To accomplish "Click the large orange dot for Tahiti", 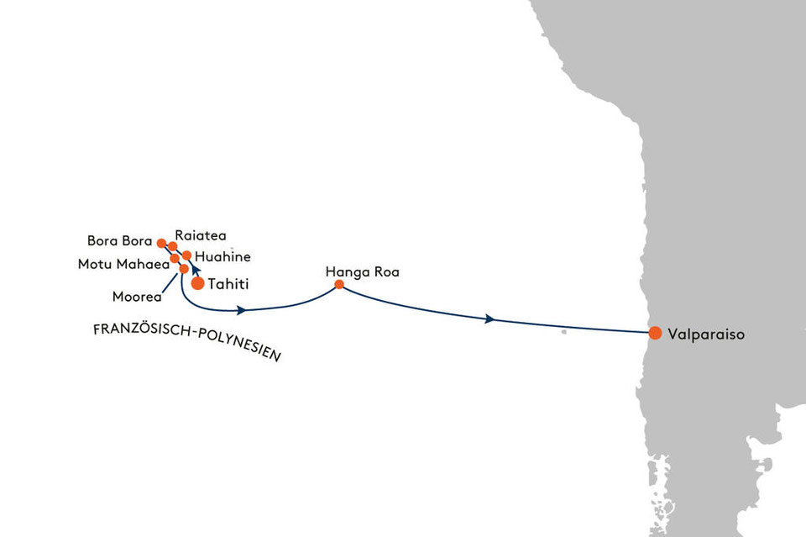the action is point(198,283).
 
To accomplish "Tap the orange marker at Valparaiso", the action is point(655,333).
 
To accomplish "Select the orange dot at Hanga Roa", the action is point(339,284).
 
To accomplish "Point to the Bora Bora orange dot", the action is point(161,244).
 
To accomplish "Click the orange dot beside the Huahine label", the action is point(186,255).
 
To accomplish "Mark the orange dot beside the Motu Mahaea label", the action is point(175,258).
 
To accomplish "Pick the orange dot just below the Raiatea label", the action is point(173,246).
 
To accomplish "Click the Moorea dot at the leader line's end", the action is point(184,269).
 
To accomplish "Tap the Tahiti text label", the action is point(228,284).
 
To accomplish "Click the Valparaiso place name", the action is point(706,334).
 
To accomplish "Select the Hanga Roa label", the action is point(363,272).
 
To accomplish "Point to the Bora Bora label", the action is point(120,240).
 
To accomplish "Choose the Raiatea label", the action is point(201,235).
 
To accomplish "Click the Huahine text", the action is point(222,256).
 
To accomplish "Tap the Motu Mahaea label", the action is point(124,265).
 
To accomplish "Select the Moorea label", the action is point(137,297).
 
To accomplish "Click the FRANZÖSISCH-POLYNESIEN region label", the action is point(187,342).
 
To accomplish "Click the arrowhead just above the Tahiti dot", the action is point(196,270).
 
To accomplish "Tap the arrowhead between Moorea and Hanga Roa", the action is point(241,310).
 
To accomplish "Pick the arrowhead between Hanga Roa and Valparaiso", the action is point(489,319).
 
